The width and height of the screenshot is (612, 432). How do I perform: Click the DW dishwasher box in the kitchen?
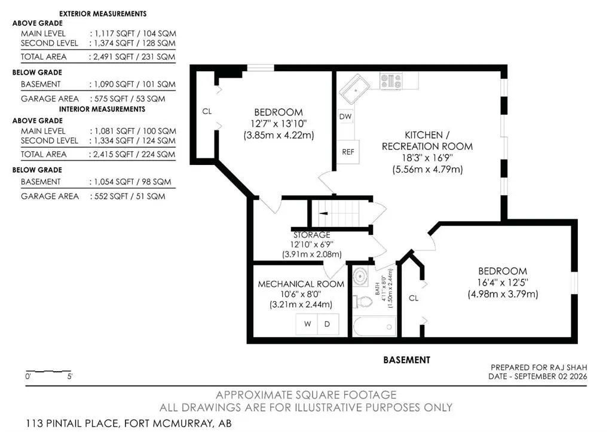[345, 117]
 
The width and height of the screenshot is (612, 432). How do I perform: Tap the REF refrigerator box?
[347, 152]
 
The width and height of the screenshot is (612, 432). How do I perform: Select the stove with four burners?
[391, 81]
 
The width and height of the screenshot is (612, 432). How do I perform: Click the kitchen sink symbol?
[354, 88]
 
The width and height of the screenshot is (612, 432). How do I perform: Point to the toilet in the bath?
[362, 301]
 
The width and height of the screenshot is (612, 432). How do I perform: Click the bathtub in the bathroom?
[374, 326]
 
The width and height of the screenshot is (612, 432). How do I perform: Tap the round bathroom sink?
[359, 276]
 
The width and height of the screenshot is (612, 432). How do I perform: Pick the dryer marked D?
[328, 324]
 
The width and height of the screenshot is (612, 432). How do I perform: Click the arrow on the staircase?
[323, 213]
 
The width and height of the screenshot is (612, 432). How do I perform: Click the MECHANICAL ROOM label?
[301, 284]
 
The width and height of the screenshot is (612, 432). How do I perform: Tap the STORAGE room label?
[311, 235]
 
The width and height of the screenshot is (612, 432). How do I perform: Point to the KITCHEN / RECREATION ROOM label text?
[427, 141]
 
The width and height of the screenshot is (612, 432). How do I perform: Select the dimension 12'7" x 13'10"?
[279, 124]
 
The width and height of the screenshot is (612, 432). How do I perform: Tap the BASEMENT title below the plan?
[406, 360]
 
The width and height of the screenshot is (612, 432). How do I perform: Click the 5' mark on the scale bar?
[70, 377]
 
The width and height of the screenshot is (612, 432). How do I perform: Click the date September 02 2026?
[550, 376]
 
